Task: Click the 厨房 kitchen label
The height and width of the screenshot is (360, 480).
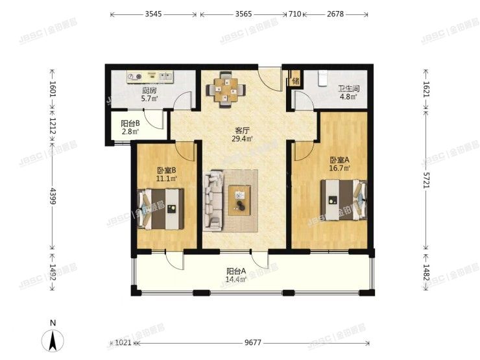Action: click(x=150, y=91)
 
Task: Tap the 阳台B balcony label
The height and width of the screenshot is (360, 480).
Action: click(x=130, y=124)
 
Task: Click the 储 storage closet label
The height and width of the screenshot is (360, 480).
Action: click(x=296, y=81)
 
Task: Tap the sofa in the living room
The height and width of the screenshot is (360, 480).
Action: click(x=212, y=200)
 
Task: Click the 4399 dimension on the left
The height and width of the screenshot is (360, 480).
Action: click(x=54, y=197)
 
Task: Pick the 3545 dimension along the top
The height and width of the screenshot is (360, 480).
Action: click(x=153, y=14)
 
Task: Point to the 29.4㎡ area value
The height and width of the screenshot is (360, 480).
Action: click(x=244, y=138)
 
